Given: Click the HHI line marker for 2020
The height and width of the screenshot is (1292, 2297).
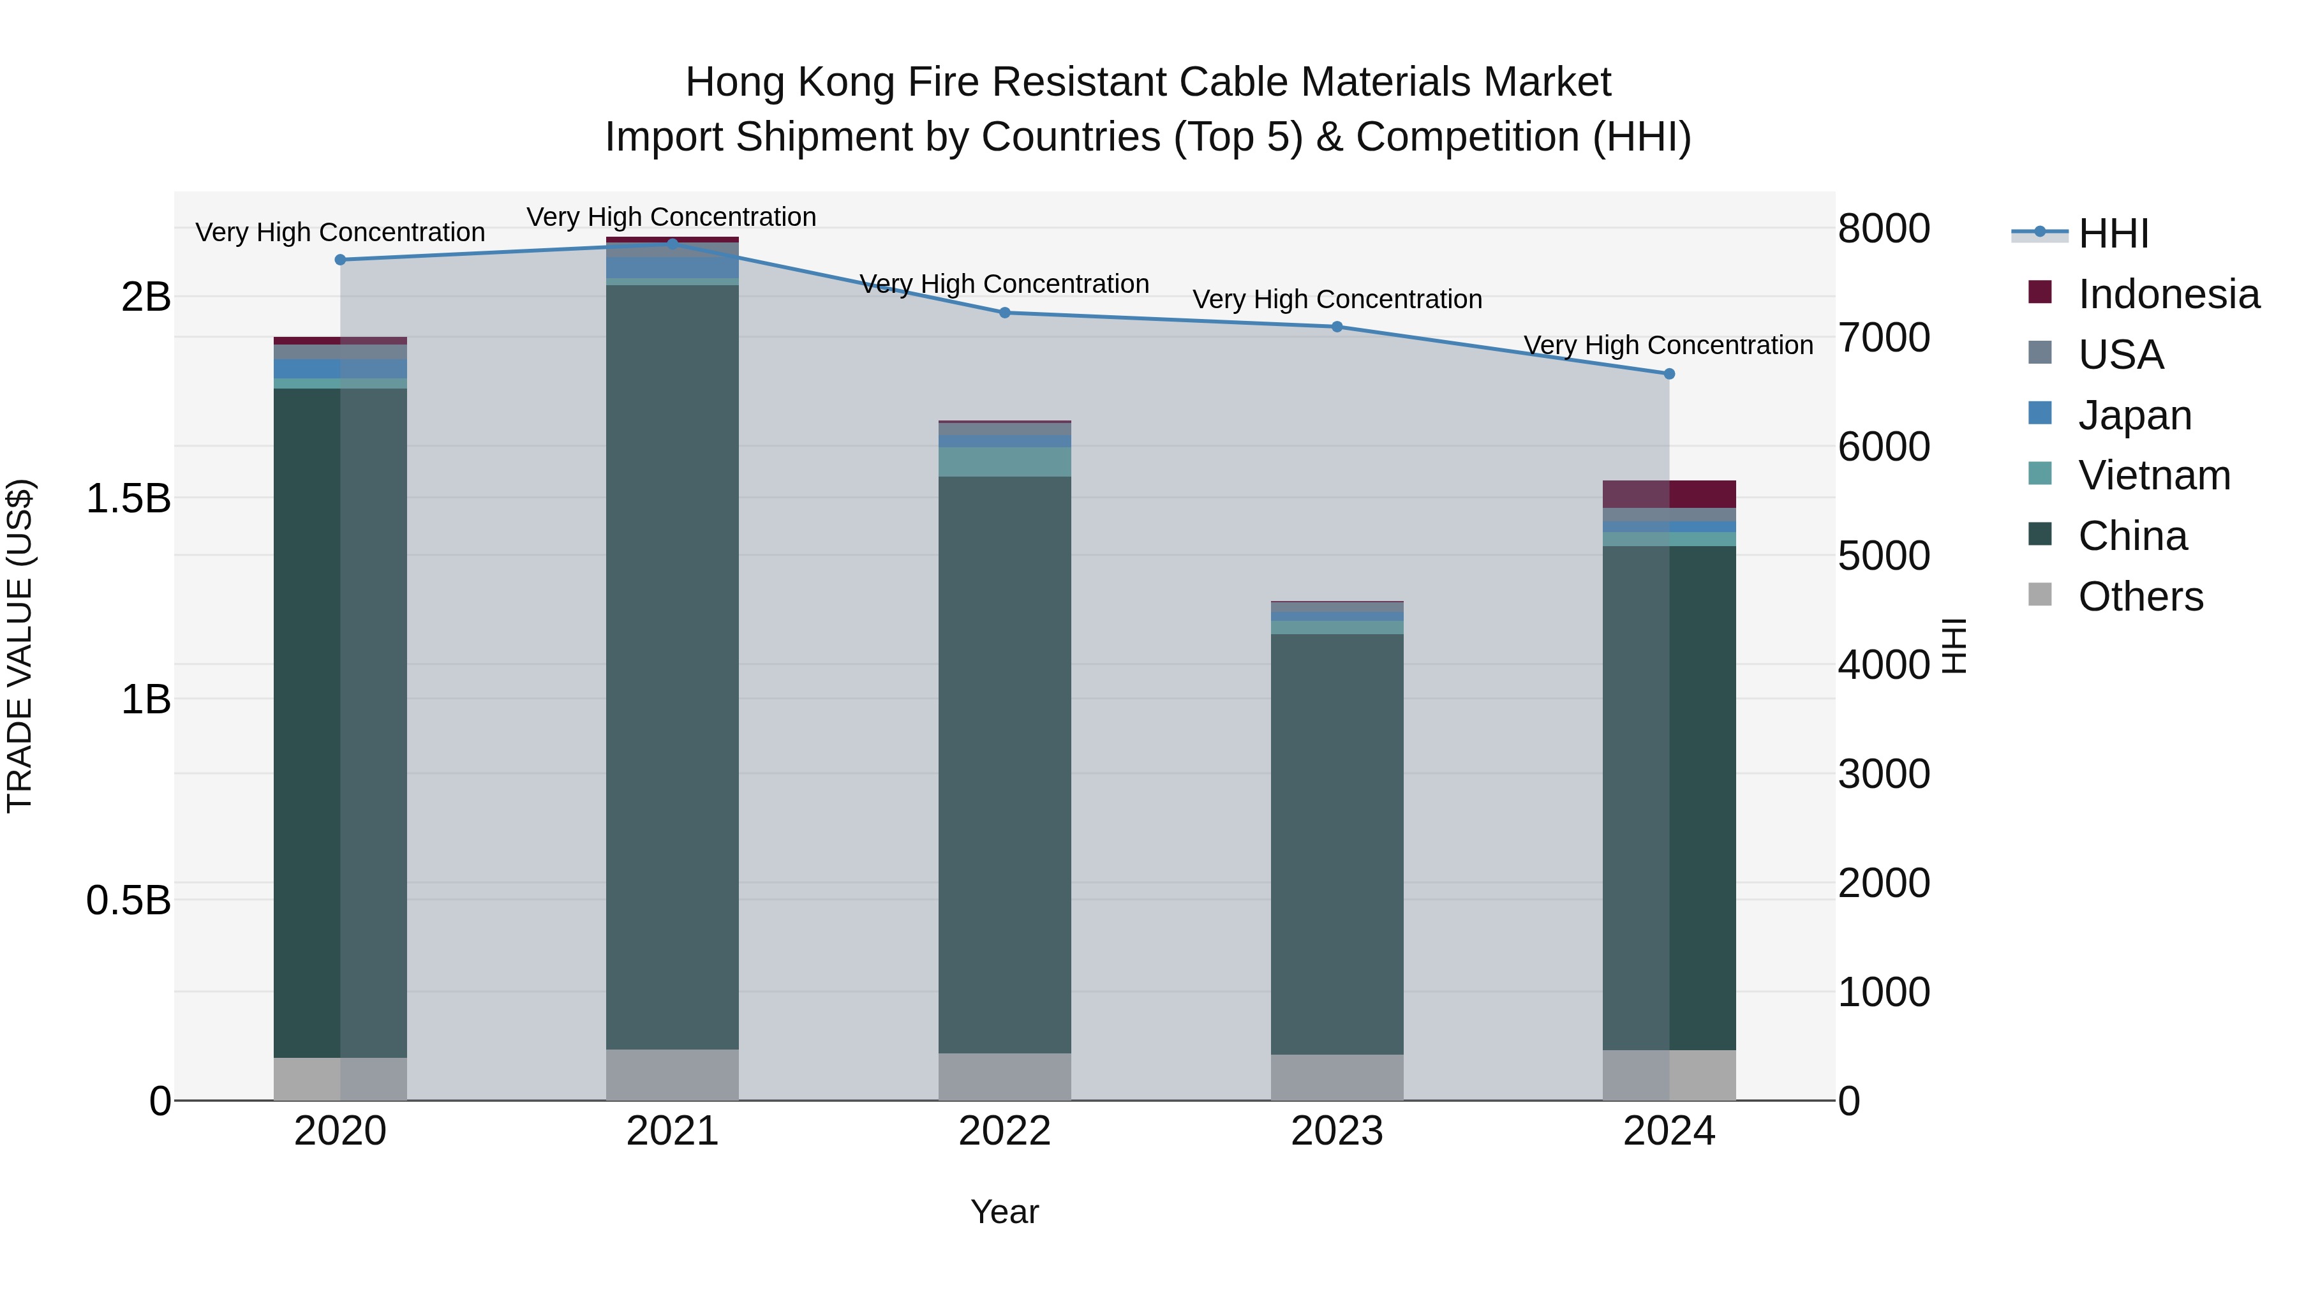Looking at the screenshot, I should (x=339, y=260).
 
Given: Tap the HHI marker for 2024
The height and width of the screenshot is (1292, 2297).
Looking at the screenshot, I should (x=1669, y=374).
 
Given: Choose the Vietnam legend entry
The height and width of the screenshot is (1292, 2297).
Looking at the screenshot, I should (x=2153, y=475).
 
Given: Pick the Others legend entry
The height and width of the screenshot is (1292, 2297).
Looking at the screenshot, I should (x=2140, y=597).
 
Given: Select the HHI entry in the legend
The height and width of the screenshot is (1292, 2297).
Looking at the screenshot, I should (x=2113, y=234).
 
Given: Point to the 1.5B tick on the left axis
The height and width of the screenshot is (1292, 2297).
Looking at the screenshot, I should (x=128, y=498).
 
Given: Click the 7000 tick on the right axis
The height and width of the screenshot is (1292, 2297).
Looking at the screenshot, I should (x=1884, y=338).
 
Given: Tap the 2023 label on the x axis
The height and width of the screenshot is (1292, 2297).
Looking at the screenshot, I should (x=1337, y=1131).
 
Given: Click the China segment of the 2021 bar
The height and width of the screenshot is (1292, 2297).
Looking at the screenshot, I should (x=673, y=667).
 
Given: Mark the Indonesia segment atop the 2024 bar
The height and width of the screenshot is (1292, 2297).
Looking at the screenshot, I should (x=1669, y=494).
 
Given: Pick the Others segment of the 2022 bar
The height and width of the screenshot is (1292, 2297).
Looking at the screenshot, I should (x=1004, y=1077).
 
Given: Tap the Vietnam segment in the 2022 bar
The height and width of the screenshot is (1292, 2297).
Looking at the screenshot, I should (x=1004, y=462).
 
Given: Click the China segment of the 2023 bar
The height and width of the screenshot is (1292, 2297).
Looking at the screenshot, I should (x=1337, y=843).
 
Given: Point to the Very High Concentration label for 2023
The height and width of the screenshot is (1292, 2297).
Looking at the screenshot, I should (x=1337, y=300).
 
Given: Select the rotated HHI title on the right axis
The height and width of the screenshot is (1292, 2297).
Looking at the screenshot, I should (x=1954, y=646).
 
